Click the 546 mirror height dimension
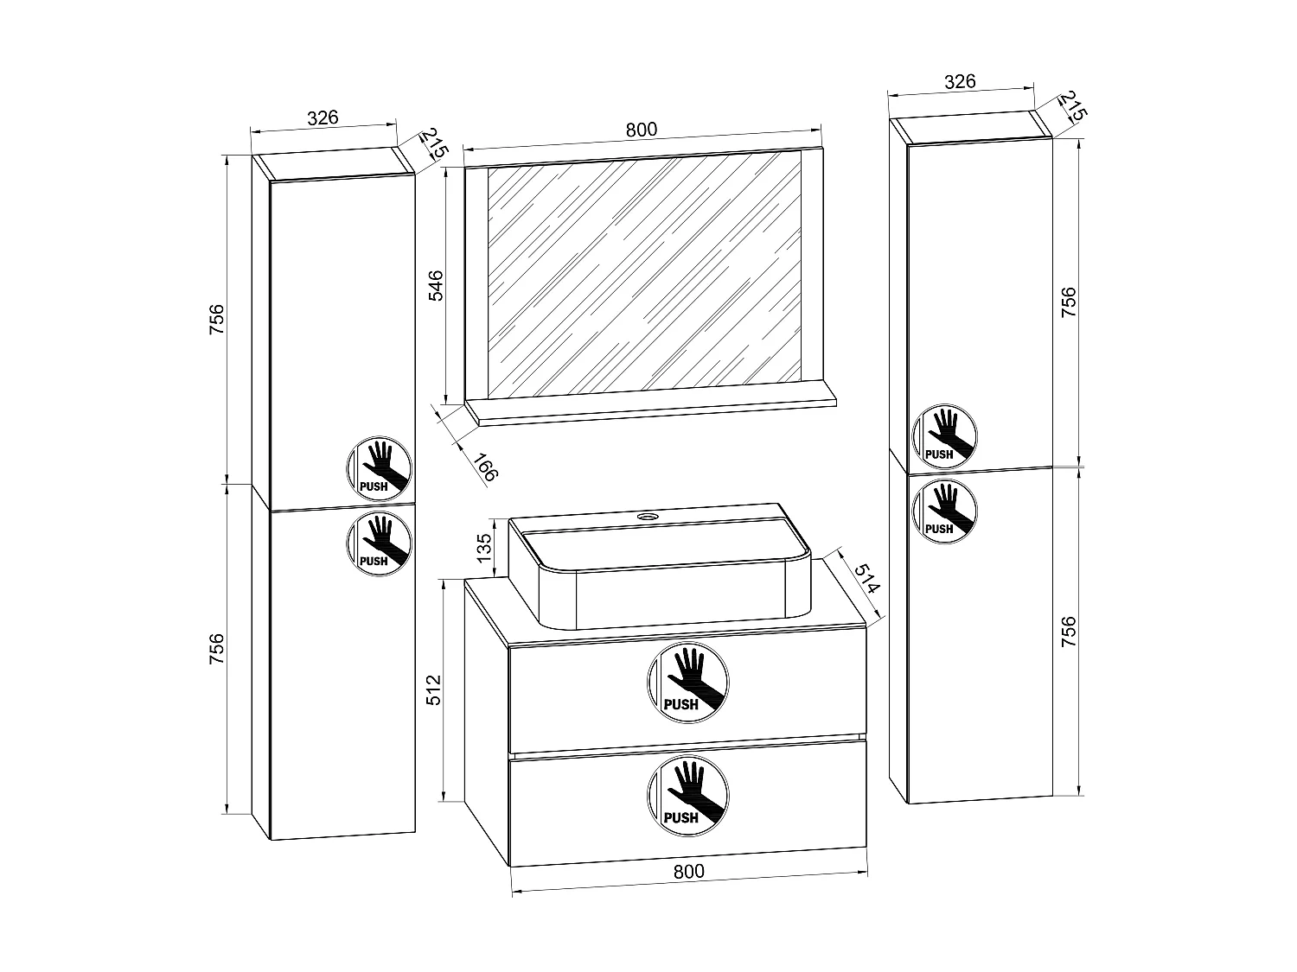437,285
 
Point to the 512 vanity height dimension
435,689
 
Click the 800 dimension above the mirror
642,130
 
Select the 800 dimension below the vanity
689,871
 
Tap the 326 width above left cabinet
323,118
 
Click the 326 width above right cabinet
960,82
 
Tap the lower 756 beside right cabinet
1069,632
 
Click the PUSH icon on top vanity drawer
687,683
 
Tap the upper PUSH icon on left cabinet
379,467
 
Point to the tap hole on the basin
648,517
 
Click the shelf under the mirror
657,412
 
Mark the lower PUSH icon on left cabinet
379,542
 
